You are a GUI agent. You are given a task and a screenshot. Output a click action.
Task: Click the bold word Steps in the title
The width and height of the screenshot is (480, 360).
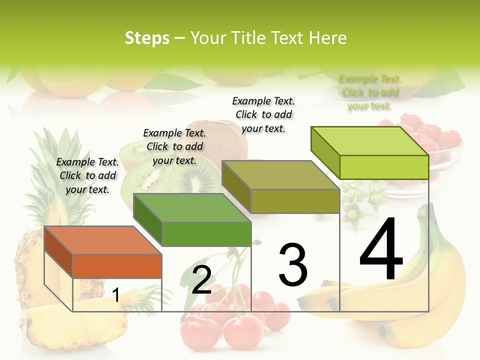pos(146,38)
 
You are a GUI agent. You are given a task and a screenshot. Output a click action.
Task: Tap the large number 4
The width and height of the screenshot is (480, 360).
pos(381,249)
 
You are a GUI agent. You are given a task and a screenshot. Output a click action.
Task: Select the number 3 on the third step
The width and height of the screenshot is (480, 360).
pos(293,265)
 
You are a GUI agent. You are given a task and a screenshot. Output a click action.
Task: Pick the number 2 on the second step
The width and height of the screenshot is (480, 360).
pos(201,280)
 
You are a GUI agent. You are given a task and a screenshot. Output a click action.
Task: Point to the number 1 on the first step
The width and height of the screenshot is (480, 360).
pos(116,295)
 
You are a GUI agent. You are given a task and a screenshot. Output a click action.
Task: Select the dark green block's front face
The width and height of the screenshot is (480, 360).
pos(206,234)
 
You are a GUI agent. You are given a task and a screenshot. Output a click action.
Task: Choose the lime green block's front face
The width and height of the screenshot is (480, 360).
pos(384,167)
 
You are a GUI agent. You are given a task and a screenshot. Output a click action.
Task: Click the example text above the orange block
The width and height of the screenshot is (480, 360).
pos(87,175)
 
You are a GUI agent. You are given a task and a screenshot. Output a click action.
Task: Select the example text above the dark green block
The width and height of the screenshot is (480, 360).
pos(174,146)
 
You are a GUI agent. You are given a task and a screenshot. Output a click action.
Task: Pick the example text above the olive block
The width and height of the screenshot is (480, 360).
pos(263,114)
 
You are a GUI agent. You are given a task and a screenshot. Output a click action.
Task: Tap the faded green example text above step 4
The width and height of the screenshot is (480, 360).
pos(369,92)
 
